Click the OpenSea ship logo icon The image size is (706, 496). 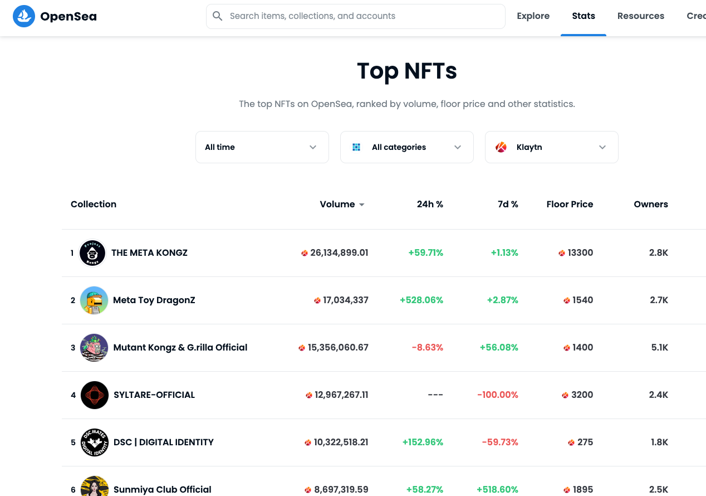coord(24,16)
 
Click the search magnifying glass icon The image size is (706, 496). coord(217,16)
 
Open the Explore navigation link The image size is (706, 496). coord(533,16)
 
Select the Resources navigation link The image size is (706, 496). coord(640,16)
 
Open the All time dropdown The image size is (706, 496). coord(262,147)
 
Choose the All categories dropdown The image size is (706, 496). coord(406,147)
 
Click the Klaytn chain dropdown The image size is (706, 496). coord(552,147)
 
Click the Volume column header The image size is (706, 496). coord(342,204)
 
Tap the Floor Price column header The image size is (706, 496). coord(570,204)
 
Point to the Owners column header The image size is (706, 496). coord(651,204)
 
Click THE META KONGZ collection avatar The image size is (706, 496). coord(92,252)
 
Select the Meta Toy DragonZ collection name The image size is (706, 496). coord(154,300)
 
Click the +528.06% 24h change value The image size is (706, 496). coord(421,300)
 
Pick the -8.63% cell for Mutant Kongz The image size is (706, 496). coord(428,347)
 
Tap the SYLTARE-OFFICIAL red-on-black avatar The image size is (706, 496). coord(95,395)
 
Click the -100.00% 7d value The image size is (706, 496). coord(498,395)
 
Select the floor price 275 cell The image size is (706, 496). coord(580,442)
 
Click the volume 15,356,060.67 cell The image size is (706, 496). coord(334,347)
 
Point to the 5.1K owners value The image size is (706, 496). coord(660,347)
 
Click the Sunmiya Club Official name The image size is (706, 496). coord(163,489)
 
